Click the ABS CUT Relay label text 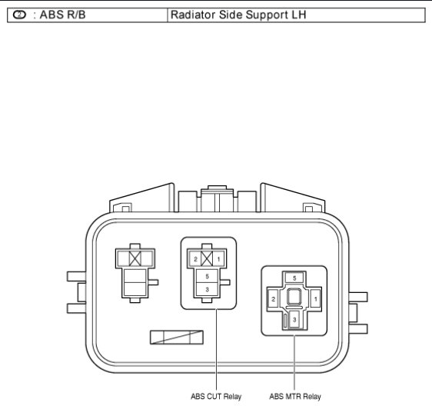pos(216,396)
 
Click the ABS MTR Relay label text pos(295,396)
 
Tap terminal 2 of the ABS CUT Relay pos(195,259)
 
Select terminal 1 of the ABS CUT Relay pos(219,259)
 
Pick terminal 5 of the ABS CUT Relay pos(208,277)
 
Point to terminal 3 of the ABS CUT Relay pos(208,289)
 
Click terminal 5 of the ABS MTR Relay pos(294,278)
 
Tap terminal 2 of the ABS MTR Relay pos(273,299)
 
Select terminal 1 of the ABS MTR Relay pos(316,299)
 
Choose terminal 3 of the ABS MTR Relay pos(294,319)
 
